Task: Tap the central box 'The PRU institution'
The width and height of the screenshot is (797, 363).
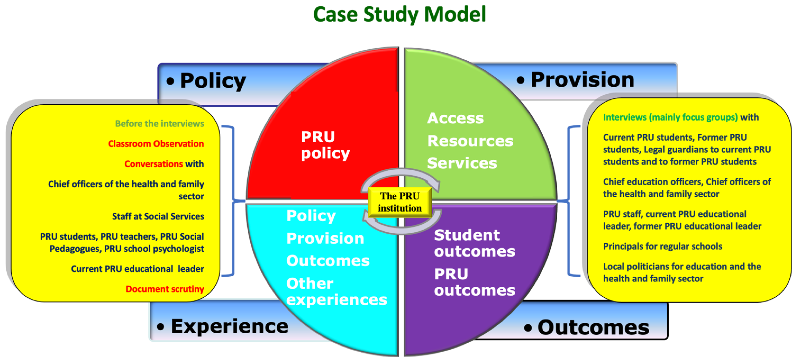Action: click(399, 202)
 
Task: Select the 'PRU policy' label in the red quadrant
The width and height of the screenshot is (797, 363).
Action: click(325, 145)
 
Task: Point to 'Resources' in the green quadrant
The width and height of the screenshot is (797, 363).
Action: click(470, 141)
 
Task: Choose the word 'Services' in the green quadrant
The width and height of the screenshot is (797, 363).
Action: click(462, 163)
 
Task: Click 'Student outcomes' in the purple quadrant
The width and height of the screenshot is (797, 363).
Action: click(474, 243)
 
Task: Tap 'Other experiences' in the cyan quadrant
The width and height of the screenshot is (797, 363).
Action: click(336, 292)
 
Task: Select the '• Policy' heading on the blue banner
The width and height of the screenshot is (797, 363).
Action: click(206, 81)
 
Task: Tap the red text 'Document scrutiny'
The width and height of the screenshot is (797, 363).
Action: click(165, 289)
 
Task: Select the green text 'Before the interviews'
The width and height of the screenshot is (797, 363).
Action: click(159, 124)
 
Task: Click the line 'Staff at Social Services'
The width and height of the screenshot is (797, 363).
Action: click(158, 216)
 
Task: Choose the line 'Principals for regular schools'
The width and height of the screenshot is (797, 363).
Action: click(662, 246)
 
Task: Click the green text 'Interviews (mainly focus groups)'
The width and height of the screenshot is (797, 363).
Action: click(670, 117)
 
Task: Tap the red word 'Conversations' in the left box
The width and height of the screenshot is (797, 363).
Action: click(153, 164)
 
